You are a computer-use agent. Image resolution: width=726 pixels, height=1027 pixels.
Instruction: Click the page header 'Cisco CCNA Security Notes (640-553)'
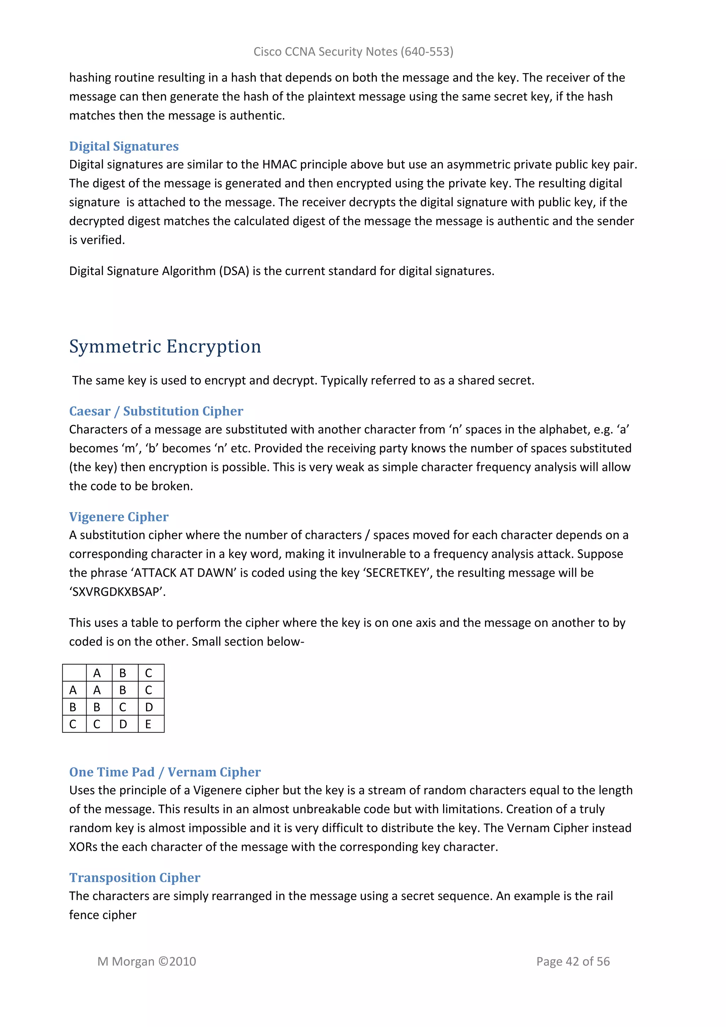click(x=353, y=52)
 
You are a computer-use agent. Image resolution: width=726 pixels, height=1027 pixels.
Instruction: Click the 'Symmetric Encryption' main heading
click(x=165, y=347)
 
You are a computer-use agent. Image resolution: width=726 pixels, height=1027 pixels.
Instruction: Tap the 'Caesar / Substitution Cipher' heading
click(x=156, y=411)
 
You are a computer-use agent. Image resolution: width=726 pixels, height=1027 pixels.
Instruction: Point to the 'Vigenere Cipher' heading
click(x=118, y=517)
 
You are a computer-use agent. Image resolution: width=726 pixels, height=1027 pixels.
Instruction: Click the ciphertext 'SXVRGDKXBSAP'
click(x=117, y=592)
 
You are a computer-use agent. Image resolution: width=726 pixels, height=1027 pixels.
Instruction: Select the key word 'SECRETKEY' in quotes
click(x=396, y=573)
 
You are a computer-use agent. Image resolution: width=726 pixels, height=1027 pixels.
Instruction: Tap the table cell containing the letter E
click(x=149, y=724)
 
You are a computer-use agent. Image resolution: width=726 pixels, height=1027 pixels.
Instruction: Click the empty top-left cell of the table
click(x=74, y=673)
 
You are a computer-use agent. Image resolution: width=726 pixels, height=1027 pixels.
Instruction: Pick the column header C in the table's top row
click(x=149, y=673)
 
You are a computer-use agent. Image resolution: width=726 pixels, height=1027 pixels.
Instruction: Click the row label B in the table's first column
click(x=73, y=707)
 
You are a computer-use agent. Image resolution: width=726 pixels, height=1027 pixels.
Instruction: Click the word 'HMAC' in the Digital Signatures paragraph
click(x=279, y=165)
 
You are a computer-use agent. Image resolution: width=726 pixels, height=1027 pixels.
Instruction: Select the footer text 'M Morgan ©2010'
click(x=147, y=961)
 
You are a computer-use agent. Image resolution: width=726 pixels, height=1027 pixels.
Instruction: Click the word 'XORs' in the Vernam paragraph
click(x=83, y=847)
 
